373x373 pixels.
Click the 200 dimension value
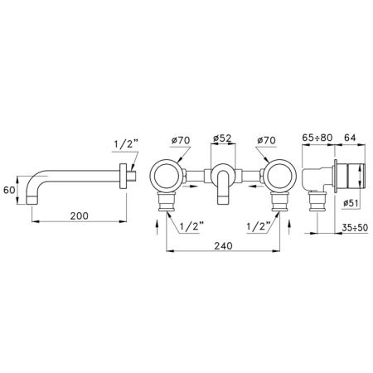coord(79,216)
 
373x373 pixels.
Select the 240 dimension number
coord(223,245)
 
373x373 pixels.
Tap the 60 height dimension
coord(9,190)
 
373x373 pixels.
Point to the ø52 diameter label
coord(223,138)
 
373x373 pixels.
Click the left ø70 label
coord(181,140)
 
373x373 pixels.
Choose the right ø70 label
coord(266,140)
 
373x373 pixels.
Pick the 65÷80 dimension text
coord(317,138)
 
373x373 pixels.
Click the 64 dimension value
coord(350,138)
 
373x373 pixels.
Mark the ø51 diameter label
coord(351,203)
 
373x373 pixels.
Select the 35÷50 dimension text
coord(355,228)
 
